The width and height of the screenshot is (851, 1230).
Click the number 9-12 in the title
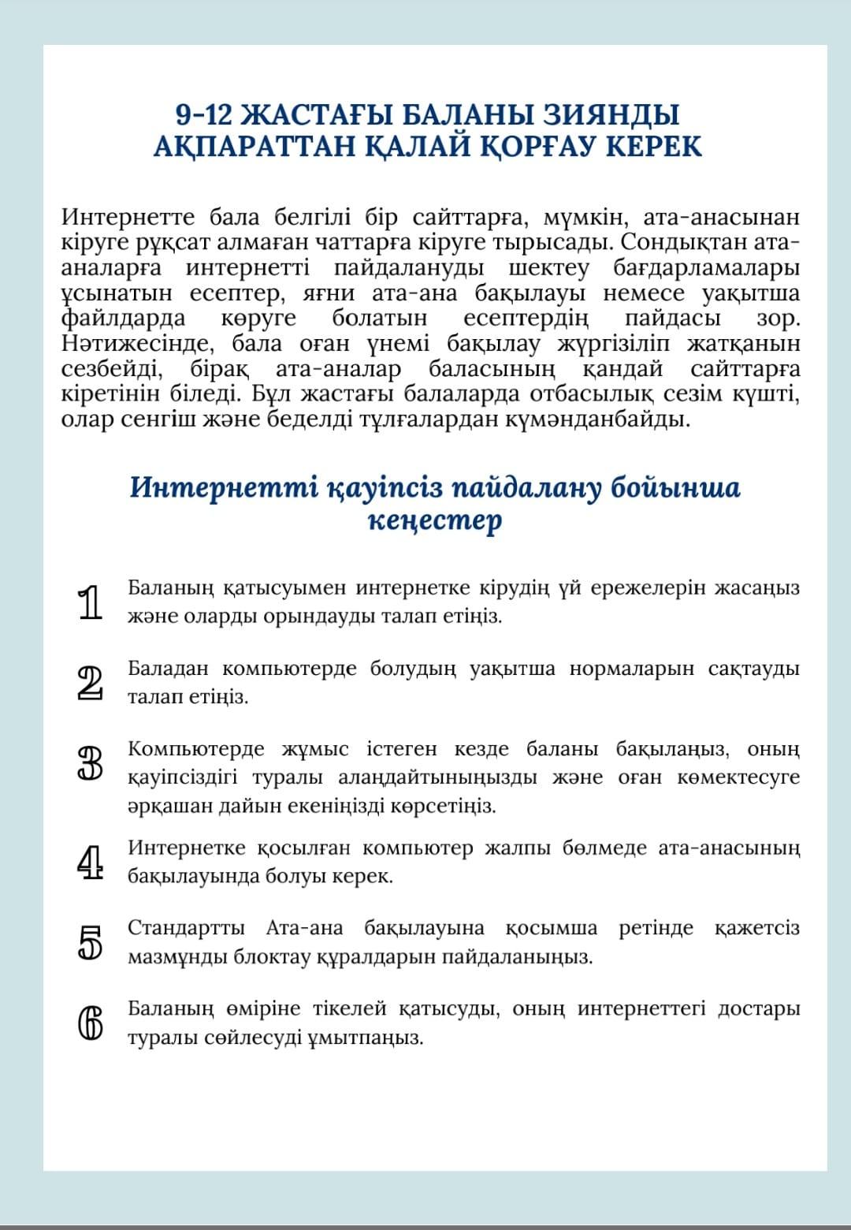203,115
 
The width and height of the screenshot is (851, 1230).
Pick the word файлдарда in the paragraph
124,318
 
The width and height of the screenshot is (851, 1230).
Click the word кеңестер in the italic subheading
434,520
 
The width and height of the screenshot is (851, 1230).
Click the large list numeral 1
91,603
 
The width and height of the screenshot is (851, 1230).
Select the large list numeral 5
91,942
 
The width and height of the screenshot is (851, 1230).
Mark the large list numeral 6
91,1023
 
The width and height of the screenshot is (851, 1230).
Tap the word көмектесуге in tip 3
738,777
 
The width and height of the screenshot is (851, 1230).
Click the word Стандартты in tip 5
186,927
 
